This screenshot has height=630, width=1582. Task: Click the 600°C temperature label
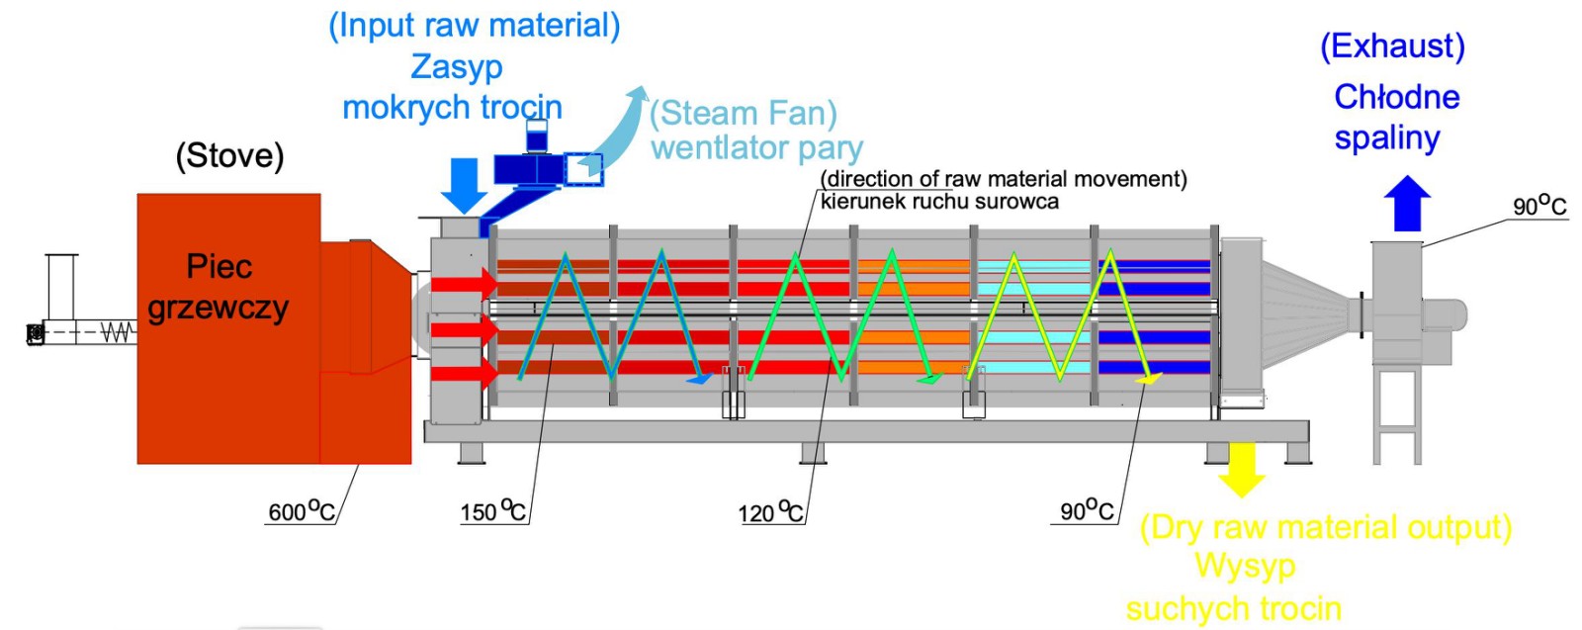coord(302,510)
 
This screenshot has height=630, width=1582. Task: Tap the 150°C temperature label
coord(493,510)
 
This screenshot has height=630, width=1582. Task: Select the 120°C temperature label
coord(770,511)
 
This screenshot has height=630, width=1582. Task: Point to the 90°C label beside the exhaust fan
coord(1539,205)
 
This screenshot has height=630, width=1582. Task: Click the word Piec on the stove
coord(219,266)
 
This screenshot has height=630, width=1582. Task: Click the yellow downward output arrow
coord(1241,470)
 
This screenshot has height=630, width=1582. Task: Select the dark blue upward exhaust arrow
coord(1407,204)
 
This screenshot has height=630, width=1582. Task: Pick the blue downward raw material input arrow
coord(464,186)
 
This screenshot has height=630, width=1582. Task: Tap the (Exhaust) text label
coord(1393,45)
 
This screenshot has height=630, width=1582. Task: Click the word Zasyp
coord(456,68)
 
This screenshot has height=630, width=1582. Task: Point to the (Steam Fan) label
coord(743,113)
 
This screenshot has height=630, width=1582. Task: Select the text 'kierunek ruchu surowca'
coord(939,202)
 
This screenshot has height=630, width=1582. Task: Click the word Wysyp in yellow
coord(1245,567)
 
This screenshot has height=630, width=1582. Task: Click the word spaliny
coord(1386,138)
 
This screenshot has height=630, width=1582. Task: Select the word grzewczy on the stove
coord(219,309)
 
